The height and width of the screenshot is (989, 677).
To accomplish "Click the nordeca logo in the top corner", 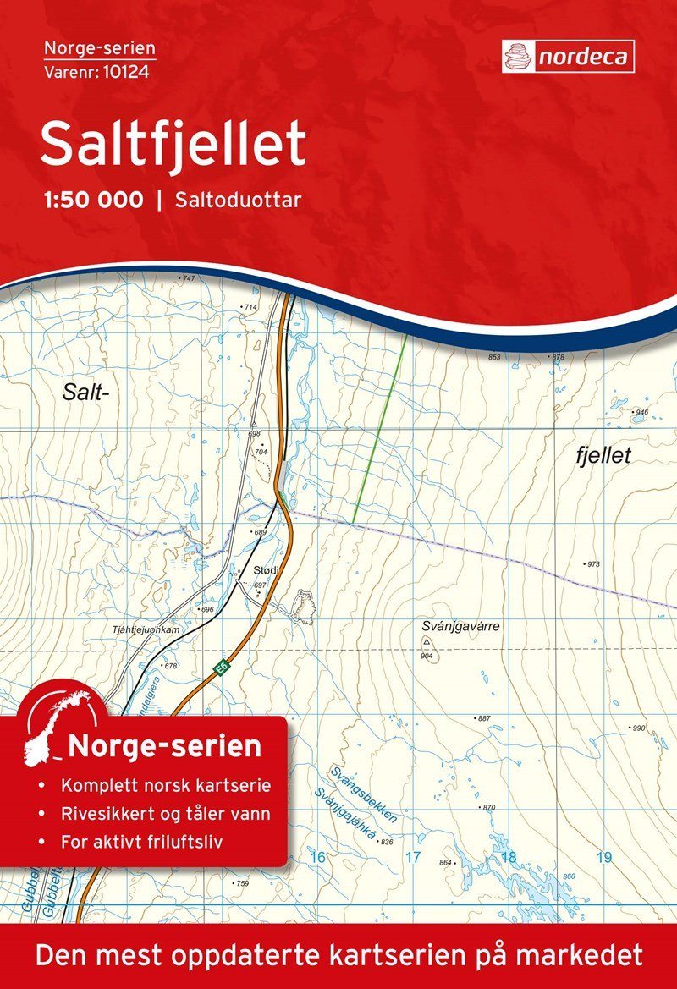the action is [x=568, y=56].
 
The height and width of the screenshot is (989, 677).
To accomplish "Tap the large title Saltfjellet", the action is [x=173, y=144].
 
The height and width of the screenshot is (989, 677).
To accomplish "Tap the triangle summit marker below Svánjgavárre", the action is [x=425, y=642].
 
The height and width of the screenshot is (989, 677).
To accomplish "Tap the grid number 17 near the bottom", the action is [x=412, y=858].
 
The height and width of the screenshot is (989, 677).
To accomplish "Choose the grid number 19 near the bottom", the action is [x=603, y=858].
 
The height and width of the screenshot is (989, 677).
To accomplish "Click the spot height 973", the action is [x=592, y=563].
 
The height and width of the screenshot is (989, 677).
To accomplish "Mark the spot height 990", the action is [x=637, y=728].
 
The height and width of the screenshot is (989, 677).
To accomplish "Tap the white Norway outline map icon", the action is [x=59, y=724].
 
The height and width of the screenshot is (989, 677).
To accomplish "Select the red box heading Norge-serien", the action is [x=164, y=747].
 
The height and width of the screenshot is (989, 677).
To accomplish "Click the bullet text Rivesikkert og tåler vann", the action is [x=167, y=814].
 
